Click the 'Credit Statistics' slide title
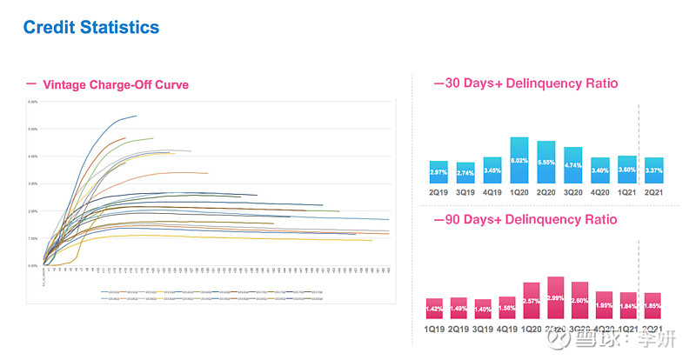(x=91, y=27)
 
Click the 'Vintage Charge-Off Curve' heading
(x=115, y=84)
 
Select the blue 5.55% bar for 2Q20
(x=546, y=163)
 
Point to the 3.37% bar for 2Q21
(x=653, y=171)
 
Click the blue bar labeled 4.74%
(x=573, y=166)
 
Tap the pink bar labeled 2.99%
(x=556, y=299)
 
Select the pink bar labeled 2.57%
(x=532, y=302)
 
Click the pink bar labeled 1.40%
(x=483, y=310)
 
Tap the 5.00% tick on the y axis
(x=33, y=129)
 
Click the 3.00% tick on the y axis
(x=33, y=183)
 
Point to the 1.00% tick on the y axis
(x=33, y=238)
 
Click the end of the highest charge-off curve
(x=136, y=116)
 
